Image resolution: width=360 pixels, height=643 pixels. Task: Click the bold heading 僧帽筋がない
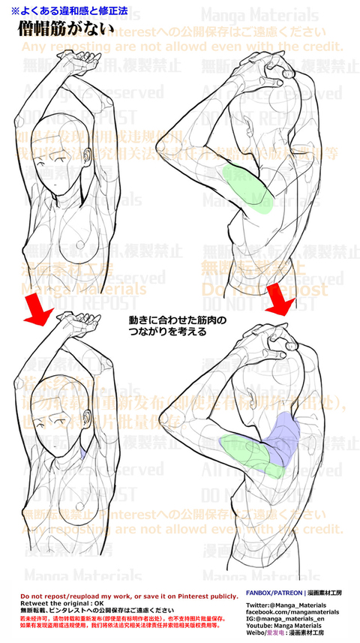(66, 29)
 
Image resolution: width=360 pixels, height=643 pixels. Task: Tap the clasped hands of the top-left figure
(86, 57)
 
